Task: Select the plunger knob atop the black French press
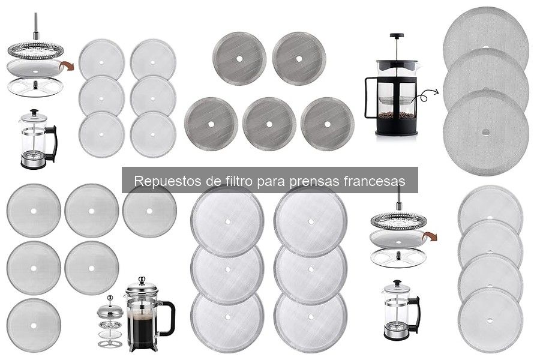click(396, 36)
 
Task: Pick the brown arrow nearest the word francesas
click(430, 236)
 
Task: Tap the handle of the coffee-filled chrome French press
click(168, 318)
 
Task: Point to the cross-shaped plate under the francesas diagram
click(398, 258)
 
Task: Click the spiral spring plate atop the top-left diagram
click(35, 49)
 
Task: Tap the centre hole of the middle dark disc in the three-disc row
click(269, 124)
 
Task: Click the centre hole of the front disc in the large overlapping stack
click(485, 132)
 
